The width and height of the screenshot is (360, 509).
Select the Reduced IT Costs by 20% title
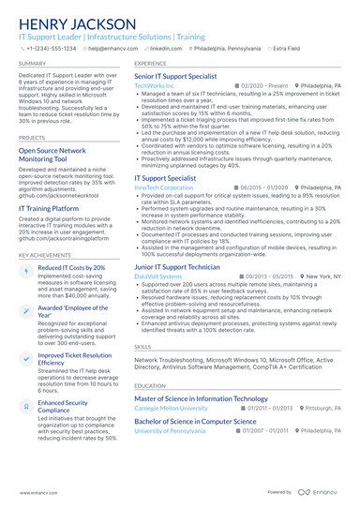71,268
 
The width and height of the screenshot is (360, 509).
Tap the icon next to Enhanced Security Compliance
25,405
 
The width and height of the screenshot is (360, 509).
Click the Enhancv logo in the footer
320,491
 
